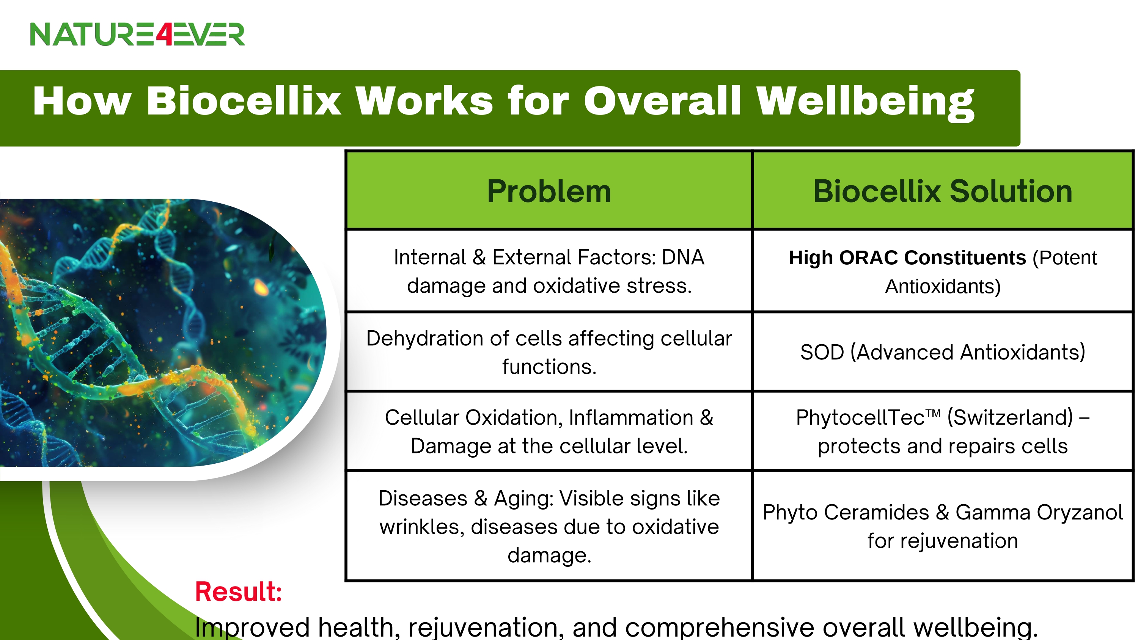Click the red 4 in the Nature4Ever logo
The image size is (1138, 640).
tap(163, 35)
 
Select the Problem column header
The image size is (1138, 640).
tap(549, 191)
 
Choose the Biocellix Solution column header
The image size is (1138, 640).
tap(943, 191)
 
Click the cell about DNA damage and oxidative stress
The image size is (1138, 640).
tap(549, 271)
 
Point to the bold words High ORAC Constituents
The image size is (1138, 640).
tap(907, 257)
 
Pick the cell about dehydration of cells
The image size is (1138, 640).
tap(549, 352)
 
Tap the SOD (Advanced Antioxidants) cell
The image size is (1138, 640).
tap(943, 352)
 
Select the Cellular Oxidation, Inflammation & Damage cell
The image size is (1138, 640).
tap(549, 431)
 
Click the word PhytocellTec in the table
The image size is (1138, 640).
tap(860, 417)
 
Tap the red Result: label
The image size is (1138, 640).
tap(239, 591)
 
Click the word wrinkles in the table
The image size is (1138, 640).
tap(422, 527)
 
